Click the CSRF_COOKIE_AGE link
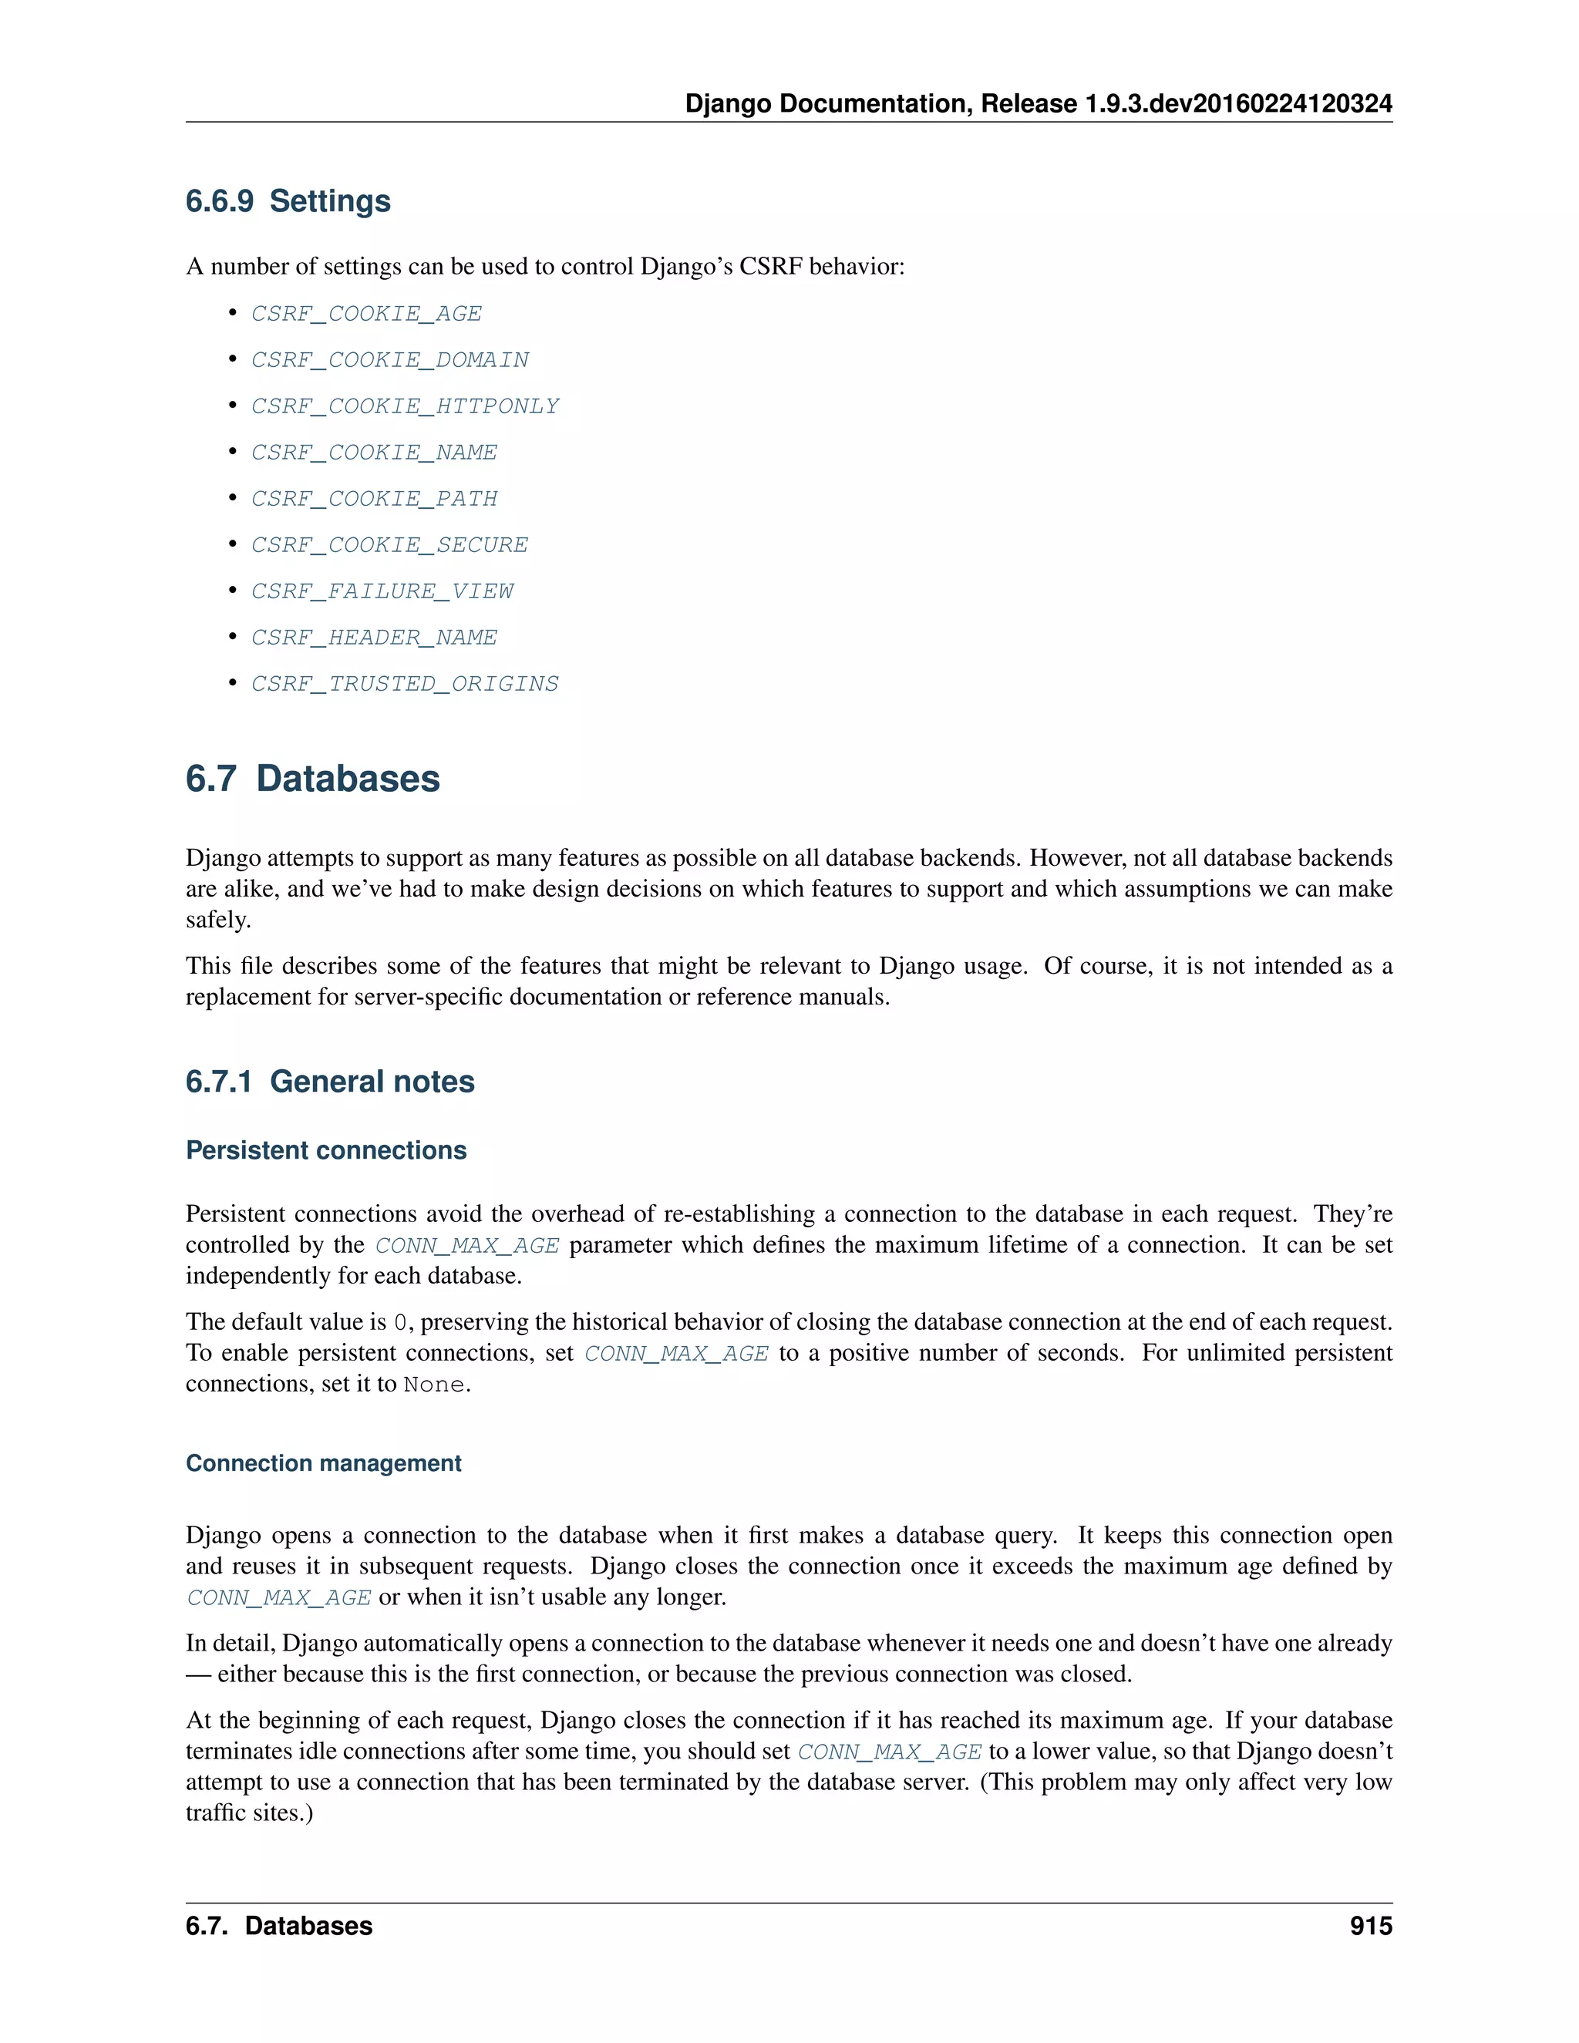[365, 313]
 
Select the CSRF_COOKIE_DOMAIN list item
[389, 360]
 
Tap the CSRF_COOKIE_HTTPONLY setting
[404, 406]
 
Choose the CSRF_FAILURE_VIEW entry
[382, 591]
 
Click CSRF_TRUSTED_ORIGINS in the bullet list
[404, 684]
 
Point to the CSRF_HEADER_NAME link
[373, 637]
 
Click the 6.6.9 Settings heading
[288, 201]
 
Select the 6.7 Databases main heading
[312, 779]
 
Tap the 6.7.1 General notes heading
[329, 1082]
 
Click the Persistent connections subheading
[325, 1149]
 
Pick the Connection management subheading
[323, 1463]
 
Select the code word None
[433, 1385]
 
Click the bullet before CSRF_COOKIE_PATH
[233, 498]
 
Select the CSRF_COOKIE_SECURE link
[389, 544]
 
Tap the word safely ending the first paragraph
[217, 920]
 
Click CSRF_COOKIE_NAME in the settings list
[373, 453]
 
